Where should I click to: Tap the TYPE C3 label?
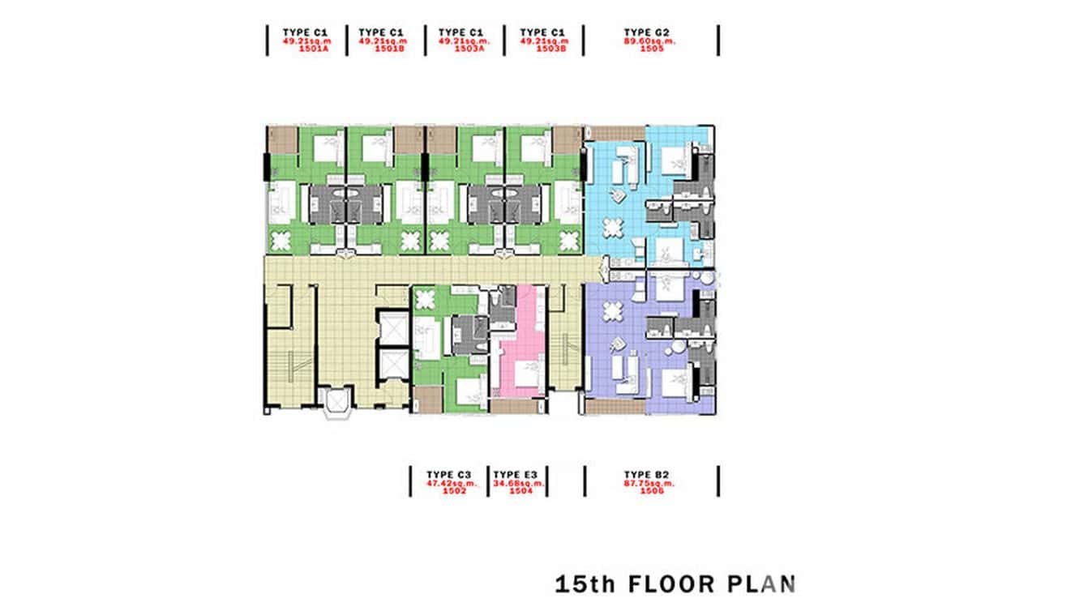click(x=449, y=474)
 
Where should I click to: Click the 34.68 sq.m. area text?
click(x=519, y=483)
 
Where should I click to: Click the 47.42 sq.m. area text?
click(x=450, y=483)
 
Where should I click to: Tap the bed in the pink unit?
click(x=528, y=375)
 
